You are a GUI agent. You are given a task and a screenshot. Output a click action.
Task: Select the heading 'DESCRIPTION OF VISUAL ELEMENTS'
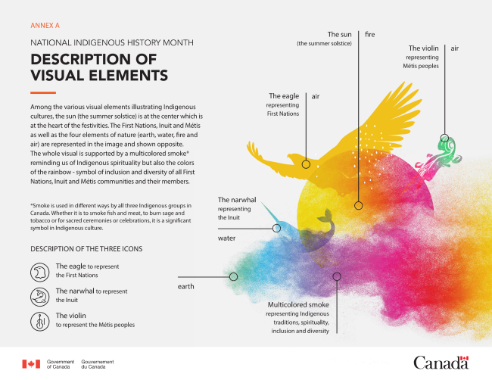pyautogui.click(x=98, y=67)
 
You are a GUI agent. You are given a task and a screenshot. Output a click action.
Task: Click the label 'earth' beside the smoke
pyautogui.click(x=187, y=287)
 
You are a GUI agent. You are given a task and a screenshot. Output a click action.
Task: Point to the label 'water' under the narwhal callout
pyautogui.click(x=229, y=238)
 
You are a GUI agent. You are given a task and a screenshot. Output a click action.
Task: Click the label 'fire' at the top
pyautogui.click(x=370, y=35)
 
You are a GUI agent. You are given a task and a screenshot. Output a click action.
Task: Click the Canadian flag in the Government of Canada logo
pyautogui.click(x=30, y=363)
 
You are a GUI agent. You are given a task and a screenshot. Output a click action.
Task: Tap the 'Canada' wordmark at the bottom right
pyautogui.click(x=441, y=362)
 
